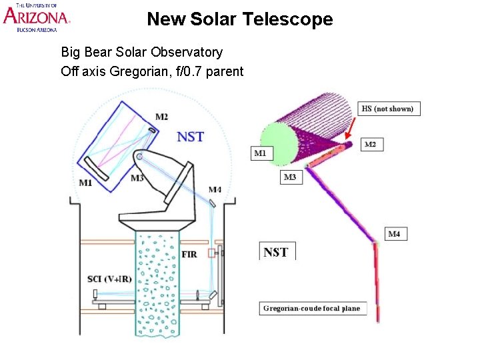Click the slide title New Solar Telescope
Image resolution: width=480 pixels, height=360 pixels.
pyautogui.click(x=239, y=19)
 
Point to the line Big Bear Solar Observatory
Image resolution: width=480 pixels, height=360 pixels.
pyautogui.click(x=141, y=52)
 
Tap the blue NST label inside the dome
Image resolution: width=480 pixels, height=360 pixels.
pyautogui.click(x=190, y=137)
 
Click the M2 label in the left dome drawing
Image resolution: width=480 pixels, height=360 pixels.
pyautogui.click(x=161, y=117)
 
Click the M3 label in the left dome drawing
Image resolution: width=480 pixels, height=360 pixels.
pyautogui.click(x=137, y=178)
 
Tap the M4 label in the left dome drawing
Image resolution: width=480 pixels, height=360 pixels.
pyautogui.click(x=215, y=190)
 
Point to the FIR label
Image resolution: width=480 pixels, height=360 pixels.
pyautogui.click(x=189, y=255)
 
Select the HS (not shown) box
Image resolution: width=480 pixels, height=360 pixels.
pyautogui.click(x=387, y=109)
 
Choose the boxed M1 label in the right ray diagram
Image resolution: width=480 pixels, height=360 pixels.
pyautogui.click(x=260, y=153)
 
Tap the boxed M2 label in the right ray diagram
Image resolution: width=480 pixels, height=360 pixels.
pyautogui.click(x=370, y=144)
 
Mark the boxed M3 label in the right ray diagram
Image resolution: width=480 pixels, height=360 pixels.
pyautogui.click(x=290, y=177)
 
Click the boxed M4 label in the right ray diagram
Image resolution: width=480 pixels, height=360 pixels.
pyautogui.click(x=394, y=234)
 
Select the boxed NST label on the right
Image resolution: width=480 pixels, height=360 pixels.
pyautogui.click(x=276, y=252)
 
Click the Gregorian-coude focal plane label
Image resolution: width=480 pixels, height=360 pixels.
pyautogui.click(x=312, y=308)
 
